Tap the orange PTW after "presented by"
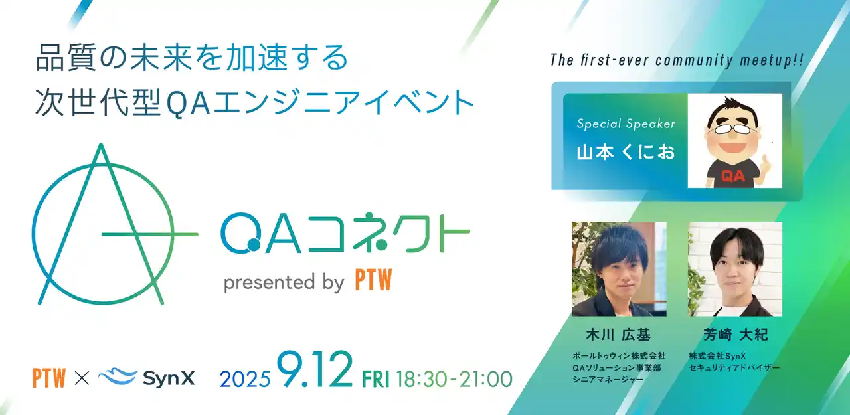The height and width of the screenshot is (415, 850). pyautogui.click(x=373, y=282)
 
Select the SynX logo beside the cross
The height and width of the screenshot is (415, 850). pyautogui.click(x=147, y=378)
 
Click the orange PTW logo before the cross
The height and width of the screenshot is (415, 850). pyautogui.click(x=48, y=378)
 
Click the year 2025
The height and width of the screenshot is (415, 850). pyautogui.click(x=245, y=379)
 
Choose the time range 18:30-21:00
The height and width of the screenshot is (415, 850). pyautogui.click(x=454, y=379)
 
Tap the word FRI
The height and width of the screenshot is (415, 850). pyautogui.click(x=376, y=379)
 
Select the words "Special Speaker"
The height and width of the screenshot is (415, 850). pyautogui.click(x=626, y=124)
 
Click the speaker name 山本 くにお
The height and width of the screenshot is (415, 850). pyautogui.click(x=625, y=151)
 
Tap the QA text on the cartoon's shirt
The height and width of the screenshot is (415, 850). pyautogui.click(x=732, y=176)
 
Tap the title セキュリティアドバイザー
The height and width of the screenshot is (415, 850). pyautogui.click(x=734, y=367)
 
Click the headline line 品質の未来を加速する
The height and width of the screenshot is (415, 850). pyautogui.click(x=191, y=58)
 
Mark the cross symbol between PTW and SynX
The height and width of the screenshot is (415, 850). pyautogui.click(x=82, y=378)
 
